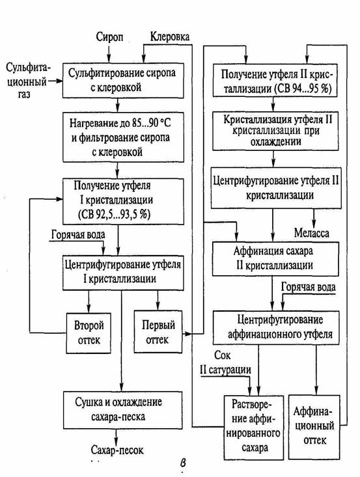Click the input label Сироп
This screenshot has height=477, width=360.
110,37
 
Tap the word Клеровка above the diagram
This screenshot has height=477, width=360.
170,36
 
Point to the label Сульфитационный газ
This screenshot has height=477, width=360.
27,81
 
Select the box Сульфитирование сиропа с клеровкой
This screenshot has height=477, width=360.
123,81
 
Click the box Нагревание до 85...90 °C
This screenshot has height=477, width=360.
123,137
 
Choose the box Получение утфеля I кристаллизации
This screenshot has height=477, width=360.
123,201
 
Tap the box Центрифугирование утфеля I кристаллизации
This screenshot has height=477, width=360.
123,273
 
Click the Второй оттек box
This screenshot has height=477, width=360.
89,333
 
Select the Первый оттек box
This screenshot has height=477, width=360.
158,332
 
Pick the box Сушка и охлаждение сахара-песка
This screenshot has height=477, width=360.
123,410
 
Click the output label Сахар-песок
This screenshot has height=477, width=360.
117,450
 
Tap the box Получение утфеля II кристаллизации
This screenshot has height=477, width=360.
275,81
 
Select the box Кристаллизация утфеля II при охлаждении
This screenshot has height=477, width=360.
275,131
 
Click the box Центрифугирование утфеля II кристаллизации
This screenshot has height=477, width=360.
276,188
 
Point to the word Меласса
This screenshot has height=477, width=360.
312,233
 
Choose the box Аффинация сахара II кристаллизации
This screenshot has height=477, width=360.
275,259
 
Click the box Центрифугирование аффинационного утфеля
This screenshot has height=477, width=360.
276,327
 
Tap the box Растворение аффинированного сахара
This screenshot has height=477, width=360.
254,427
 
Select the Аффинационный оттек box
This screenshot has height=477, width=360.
314,427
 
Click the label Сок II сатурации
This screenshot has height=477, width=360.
225,362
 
